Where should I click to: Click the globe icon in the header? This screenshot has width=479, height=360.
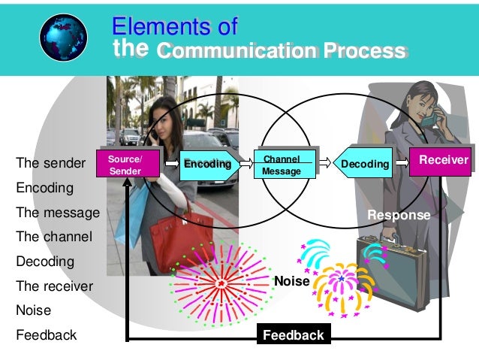(x=64, y=37)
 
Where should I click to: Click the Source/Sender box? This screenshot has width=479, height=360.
(x=125, y=164)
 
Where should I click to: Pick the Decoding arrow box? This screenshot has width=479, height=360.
(x=364, y=164)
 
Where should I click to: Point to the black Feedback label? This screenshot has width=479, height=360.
(x=293, y=335)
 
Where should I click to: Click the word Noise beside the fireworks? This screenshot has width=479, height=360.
(x=292, y=281)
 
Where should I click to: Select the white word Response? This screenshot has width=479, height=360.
(x=398, y=215)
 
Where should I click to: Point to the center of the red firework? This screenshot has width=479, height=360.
(x=221, y=283)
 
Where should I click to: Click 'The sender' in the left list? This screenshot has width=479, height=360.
(x=45, y=163)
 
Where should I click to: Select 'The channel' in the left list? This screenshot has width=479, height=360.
(x=53, y=237)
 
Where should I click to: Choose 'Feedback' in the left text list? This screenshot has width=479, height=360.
(x=46, y=335)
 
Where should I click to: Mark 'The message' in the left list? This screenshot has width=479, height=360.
(x=57, y=212)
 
